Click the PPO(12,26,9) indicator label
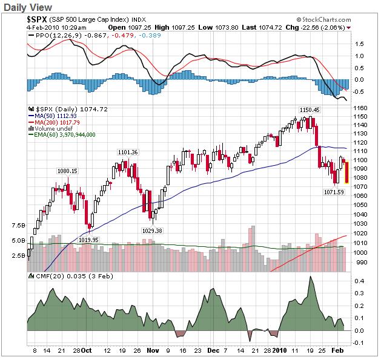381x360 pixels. coord(55,36)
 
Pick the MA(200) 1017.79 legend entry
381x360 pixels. coord(56,122)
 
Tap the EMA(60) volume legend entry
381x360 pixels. coord(62,135)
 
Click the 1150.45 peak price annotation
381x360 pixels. coord(309,109)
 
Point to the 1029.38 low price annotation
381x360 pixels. coord(152,231)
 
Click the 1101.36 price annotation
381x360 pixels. coord(127,152)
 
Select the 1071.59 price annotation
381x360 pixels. coord(333,192)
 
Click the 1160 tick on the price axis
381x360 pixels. coord(360,108)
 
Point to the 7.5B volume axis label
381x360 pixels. coord(18,226)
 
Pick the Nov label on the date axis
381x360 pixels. coord(153,350)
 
